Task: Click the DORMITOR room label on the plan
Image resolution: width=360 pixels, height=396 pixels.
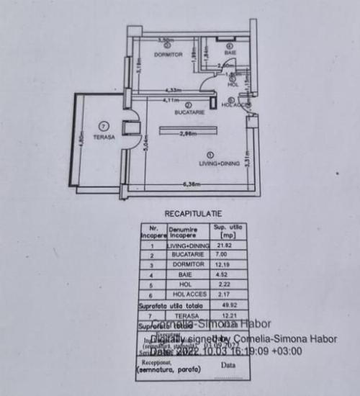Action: [x=168, y=55]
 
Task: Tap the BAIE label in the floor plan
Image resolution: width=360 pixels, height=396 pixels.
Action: [x=230, y=55]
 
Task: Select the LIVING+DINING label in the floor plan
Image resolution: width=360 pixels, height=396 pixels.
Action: [x=210, y=163]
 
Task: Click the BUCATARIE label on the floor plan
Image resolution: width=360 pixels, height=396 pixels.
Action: [x=189, y=113]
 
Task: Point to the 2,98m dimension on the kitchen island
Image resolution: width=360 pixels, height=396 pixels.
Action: [x=189, y=135]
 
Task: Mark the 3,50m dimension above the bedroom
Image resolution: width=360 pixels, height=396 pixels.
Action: [x=166, y=40]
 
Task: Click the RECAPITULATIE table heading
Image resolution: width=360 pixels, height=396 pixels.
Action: [x=192, y=213]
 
